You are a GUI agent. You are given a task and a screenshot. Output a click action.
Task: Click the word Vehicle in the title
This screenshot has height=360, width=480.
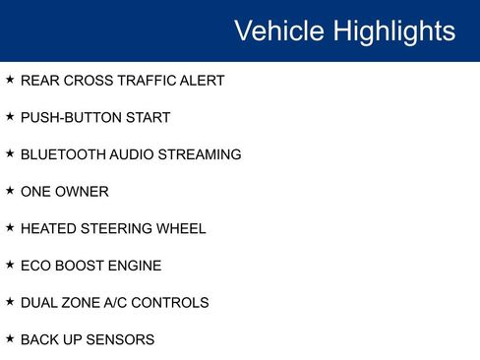tap(279, 30)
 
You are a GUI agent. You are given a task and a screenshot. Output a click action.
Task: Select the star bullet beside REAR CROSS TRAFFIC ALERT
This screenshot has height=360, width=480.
tap(10, 80)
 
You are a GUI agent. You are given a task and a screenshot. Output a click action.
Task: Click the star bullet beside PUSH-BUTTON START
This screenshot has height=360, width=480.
tap(10, 117)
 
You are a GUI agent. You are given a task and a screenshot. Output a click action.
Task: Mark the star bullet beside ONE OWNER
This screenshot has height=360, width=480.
tap(10, 191)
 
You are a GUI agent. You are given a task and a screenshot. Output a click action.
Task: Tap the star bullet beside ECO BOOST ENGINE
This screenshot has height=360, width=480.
tap(10, 265)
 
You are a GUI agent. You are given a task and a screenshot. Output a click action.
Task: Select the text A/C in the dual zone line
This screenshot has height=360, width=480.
tap(116, 303)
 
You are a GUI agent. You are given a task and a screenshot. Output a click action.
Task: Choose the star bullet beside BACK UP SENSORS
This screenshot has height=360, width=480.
tap(10, 338)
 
